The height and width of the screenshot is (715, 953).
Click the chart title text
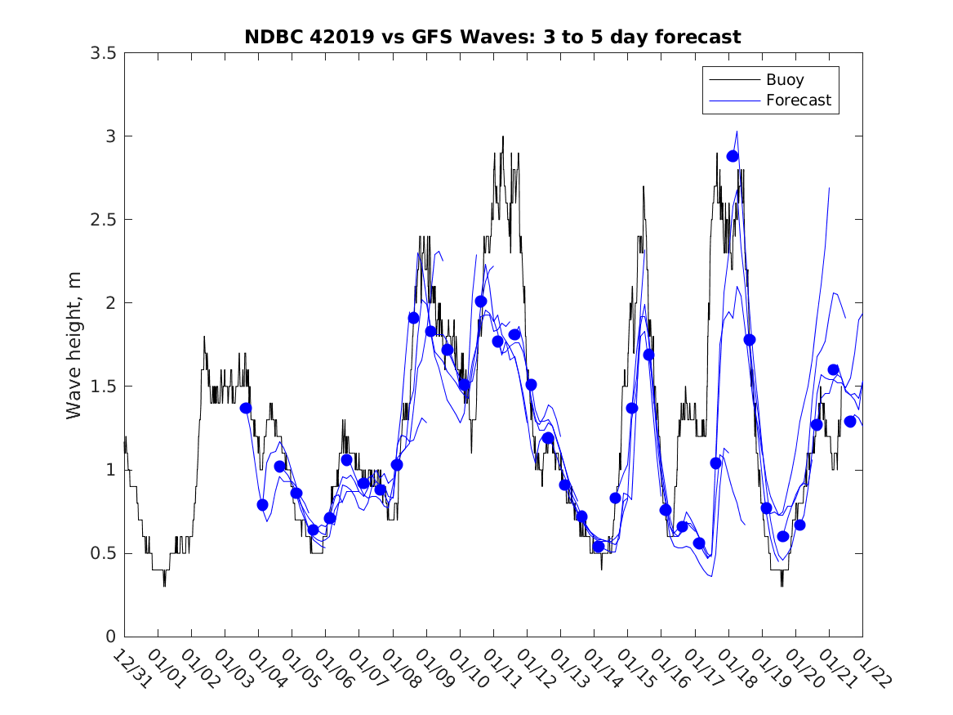[x=492, y=37]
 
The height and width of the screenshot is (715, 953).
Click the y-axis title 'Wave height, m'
[x=74, y=345]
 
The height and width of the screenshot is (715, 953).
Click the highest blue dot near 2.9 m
[x=733, y=156]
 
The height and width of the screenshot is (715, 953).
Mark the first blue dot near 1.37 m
[x=246, y=408]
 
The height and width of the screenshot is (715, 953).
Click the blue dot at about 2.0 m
[x=481, y=302]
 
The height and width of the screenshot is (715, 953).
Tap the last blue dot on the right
[x=850, y=422]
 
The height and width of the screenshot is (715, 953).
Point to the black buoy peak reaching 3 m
[x=503, y=136]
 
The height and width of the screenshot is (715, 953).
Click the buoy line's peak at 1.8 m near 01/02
[x=204, y=337]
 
